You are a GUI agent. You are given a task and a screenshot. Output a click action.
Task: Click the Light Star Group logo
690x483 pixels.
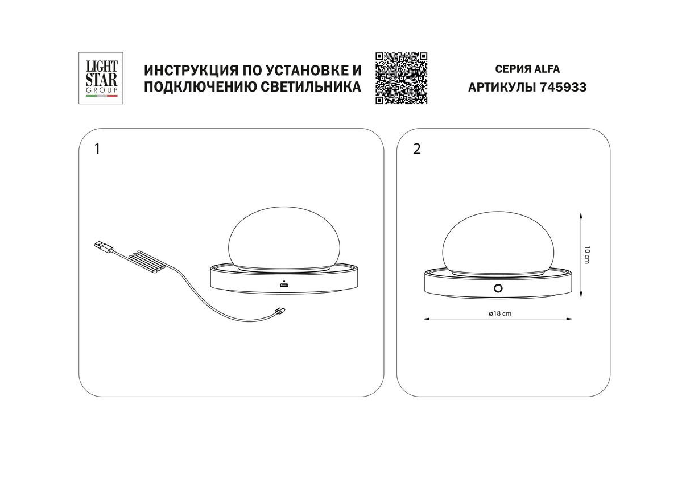pos(101,78)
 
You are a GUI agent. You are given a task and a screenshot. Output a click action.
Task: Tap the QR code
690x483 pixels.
pos(401,79)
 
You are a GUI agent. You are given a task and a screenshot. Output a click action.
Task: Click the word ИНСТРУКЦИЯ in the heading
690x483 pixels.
pos(191,71)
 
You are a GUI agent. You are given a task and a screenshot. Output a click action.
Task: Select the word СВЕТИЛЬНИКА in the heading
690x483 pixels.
pos(311,86)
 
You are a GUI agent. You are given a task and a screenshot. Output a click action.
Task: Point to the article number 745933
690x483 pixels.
pos(563,87)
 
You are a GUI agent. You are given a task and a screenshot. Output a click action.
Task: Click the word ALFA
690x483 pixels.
pos(547,69)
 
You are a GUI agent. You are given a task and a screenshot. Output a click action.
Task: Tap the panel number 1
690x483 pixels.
pos(97,149)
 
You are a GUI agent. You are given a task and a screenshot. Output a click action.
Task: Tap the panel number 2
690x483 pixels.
pos(416,149)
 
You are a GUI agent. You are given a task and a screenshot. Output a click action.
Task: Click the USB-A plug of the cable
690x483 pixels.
pos(104,247)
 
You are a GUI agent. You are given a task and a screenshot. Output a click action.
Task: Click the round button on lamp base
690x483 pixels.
pos(498,288)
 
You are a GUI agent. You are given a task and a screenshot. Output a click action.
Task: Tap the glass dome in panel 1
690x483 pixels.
pos(284,239)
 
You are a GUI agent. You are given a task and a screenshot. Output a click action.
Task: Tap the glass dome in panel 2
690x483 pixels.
pos(498,242)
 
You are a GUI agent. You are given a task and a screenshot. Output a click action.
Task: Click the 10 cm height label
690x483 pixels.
pos(586,255)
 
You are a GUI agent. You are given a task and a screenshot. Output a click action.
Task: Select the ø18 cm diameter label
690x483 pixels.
pos(500,313)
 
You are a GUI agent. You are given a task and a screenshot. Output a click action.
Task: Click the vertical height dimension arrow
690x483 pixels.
pos(581,255)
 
